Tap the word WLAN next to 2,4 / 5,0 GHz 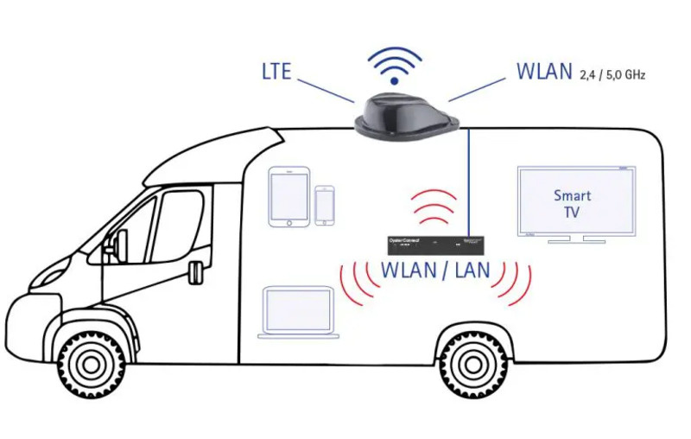[x=544, y=71]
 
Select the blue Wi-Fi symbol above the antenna [x=394, y=66]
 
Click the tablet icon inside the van [x=288, y=197]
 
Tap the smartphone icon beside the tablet [x=325, y=206]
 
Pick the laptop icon [x=300, y=313]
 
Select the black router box [x=430, y=245]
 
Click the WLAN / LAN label [x=435, y=270]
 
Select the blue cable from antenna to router [x=468, y=181]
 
